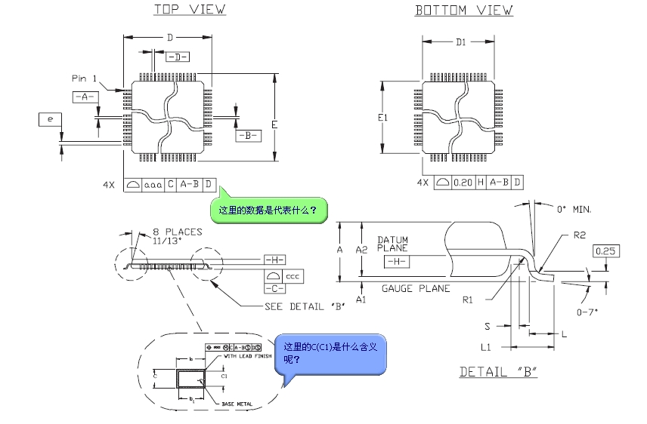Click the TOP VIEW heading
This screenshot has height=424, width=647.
tap(190, 10)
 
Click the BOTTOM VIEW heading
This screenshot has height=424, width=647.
tap(463, 11)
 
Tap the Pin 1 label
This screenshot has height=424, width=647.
tap(85, 78)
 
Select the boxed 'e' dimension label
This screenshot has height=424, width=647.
tap(50, 119)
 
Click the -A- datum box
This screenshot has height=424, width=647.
tap(84, 97)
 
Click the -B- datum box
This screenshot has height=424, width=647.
tap(248, 136)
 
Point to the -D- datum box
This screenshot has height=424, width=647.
tap(177, 57)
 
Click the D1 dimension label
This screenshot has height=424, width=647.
tap(460, 43)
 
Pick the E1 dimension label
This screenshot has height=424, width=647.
tap(382, 118)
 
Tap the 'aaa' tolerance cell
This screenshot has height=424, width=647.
tap(153, 184)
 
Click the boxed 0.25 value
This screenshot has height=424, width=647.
tap(608, 251)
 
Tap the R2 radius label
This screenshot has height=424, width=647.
tap(580, 235)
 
